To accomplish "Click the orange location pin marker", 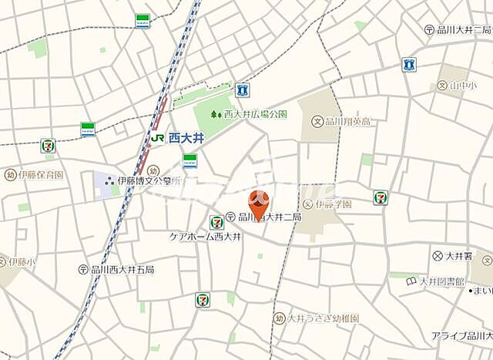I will pos(258,204).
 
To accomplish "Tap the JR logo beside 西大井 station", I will pos(156,139).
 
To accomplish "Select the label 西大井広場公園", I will pos(255,113).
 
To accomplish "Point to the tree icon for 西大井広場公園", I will pos(216,113).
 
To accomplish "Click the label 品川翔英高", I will pos(347,121).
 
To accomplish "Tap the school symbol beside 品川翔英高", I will pos(317,121).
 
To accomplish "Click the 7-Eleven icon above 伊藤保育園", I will pos(48,146).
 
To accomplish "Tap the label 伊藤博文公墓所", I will pos(153,181).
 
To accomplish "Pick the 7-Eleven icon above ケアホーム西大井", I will pos(216,222).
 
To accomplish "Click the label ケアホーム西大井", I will pos(204,237).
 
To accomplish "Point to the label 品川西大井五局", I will pos(122,270).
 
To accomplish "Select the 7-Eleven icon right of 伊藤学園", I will pos(380,197).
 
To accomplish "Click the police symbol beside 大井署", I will pos(438,255).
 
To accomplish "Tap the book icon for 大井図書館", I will pos(411,281).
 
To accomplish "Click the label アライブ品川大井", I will pos(461,336).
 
